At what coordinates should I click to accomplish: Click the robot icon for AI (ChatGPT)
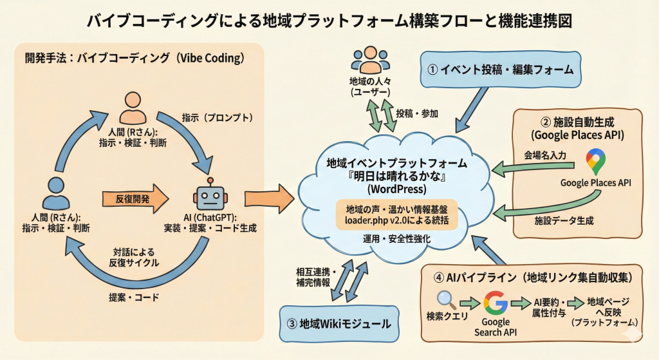click(x=209, y=194)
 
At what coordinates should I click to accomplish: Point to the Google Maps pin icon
click(x=595, y=162)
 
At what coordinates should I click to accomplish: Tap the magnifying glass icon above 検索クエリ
click(x=446, y=300)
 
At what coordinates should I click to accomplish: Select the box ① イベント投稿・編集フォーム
click(x=501, y=70)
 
